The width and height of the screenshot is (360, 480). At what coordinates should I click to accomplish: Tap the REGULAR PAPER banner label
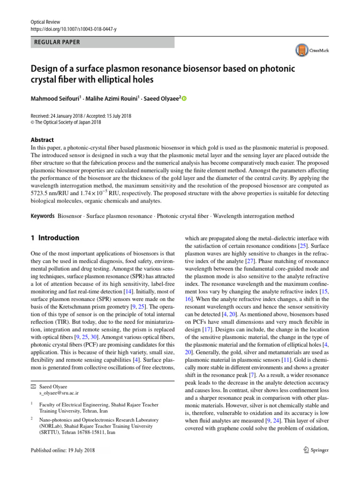[x=57, y=42]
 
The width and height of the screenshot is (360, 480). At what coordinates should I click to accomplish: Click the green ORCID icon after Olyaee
[x=184, y=98]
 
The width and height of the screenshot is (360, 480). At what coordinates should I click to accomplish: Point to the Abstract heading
[x=42, y=140]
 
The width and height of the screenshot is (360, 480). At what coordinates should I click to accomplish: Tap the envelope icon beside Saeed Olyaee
[x=32, y=385]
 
